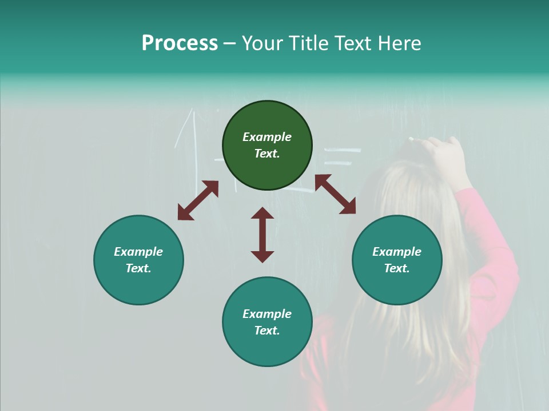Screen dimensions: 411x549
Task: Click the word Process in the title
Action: coord(180,43)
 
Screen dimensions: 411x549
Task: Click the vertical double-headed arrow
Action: coord(262,234)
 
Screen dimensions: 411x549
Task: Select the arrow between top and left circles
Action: coord(198,200)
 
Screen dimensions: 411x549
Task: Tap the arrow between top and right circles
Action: coord(335,194)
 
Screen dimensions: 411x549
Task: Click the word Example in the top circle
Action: coord(267,137)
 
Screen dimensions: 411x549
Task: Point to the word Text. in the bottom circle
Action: coord(267,331)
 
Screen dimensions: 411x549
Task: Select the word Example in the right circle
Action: coord(397,252)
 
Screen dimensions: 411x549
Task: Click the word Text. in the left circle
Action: coord(138,268)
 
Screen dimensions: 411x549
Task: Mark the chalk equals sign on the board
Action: coord(343,157)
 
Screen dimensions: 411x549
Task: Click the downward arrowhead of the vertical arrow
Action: coord(262,256)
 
